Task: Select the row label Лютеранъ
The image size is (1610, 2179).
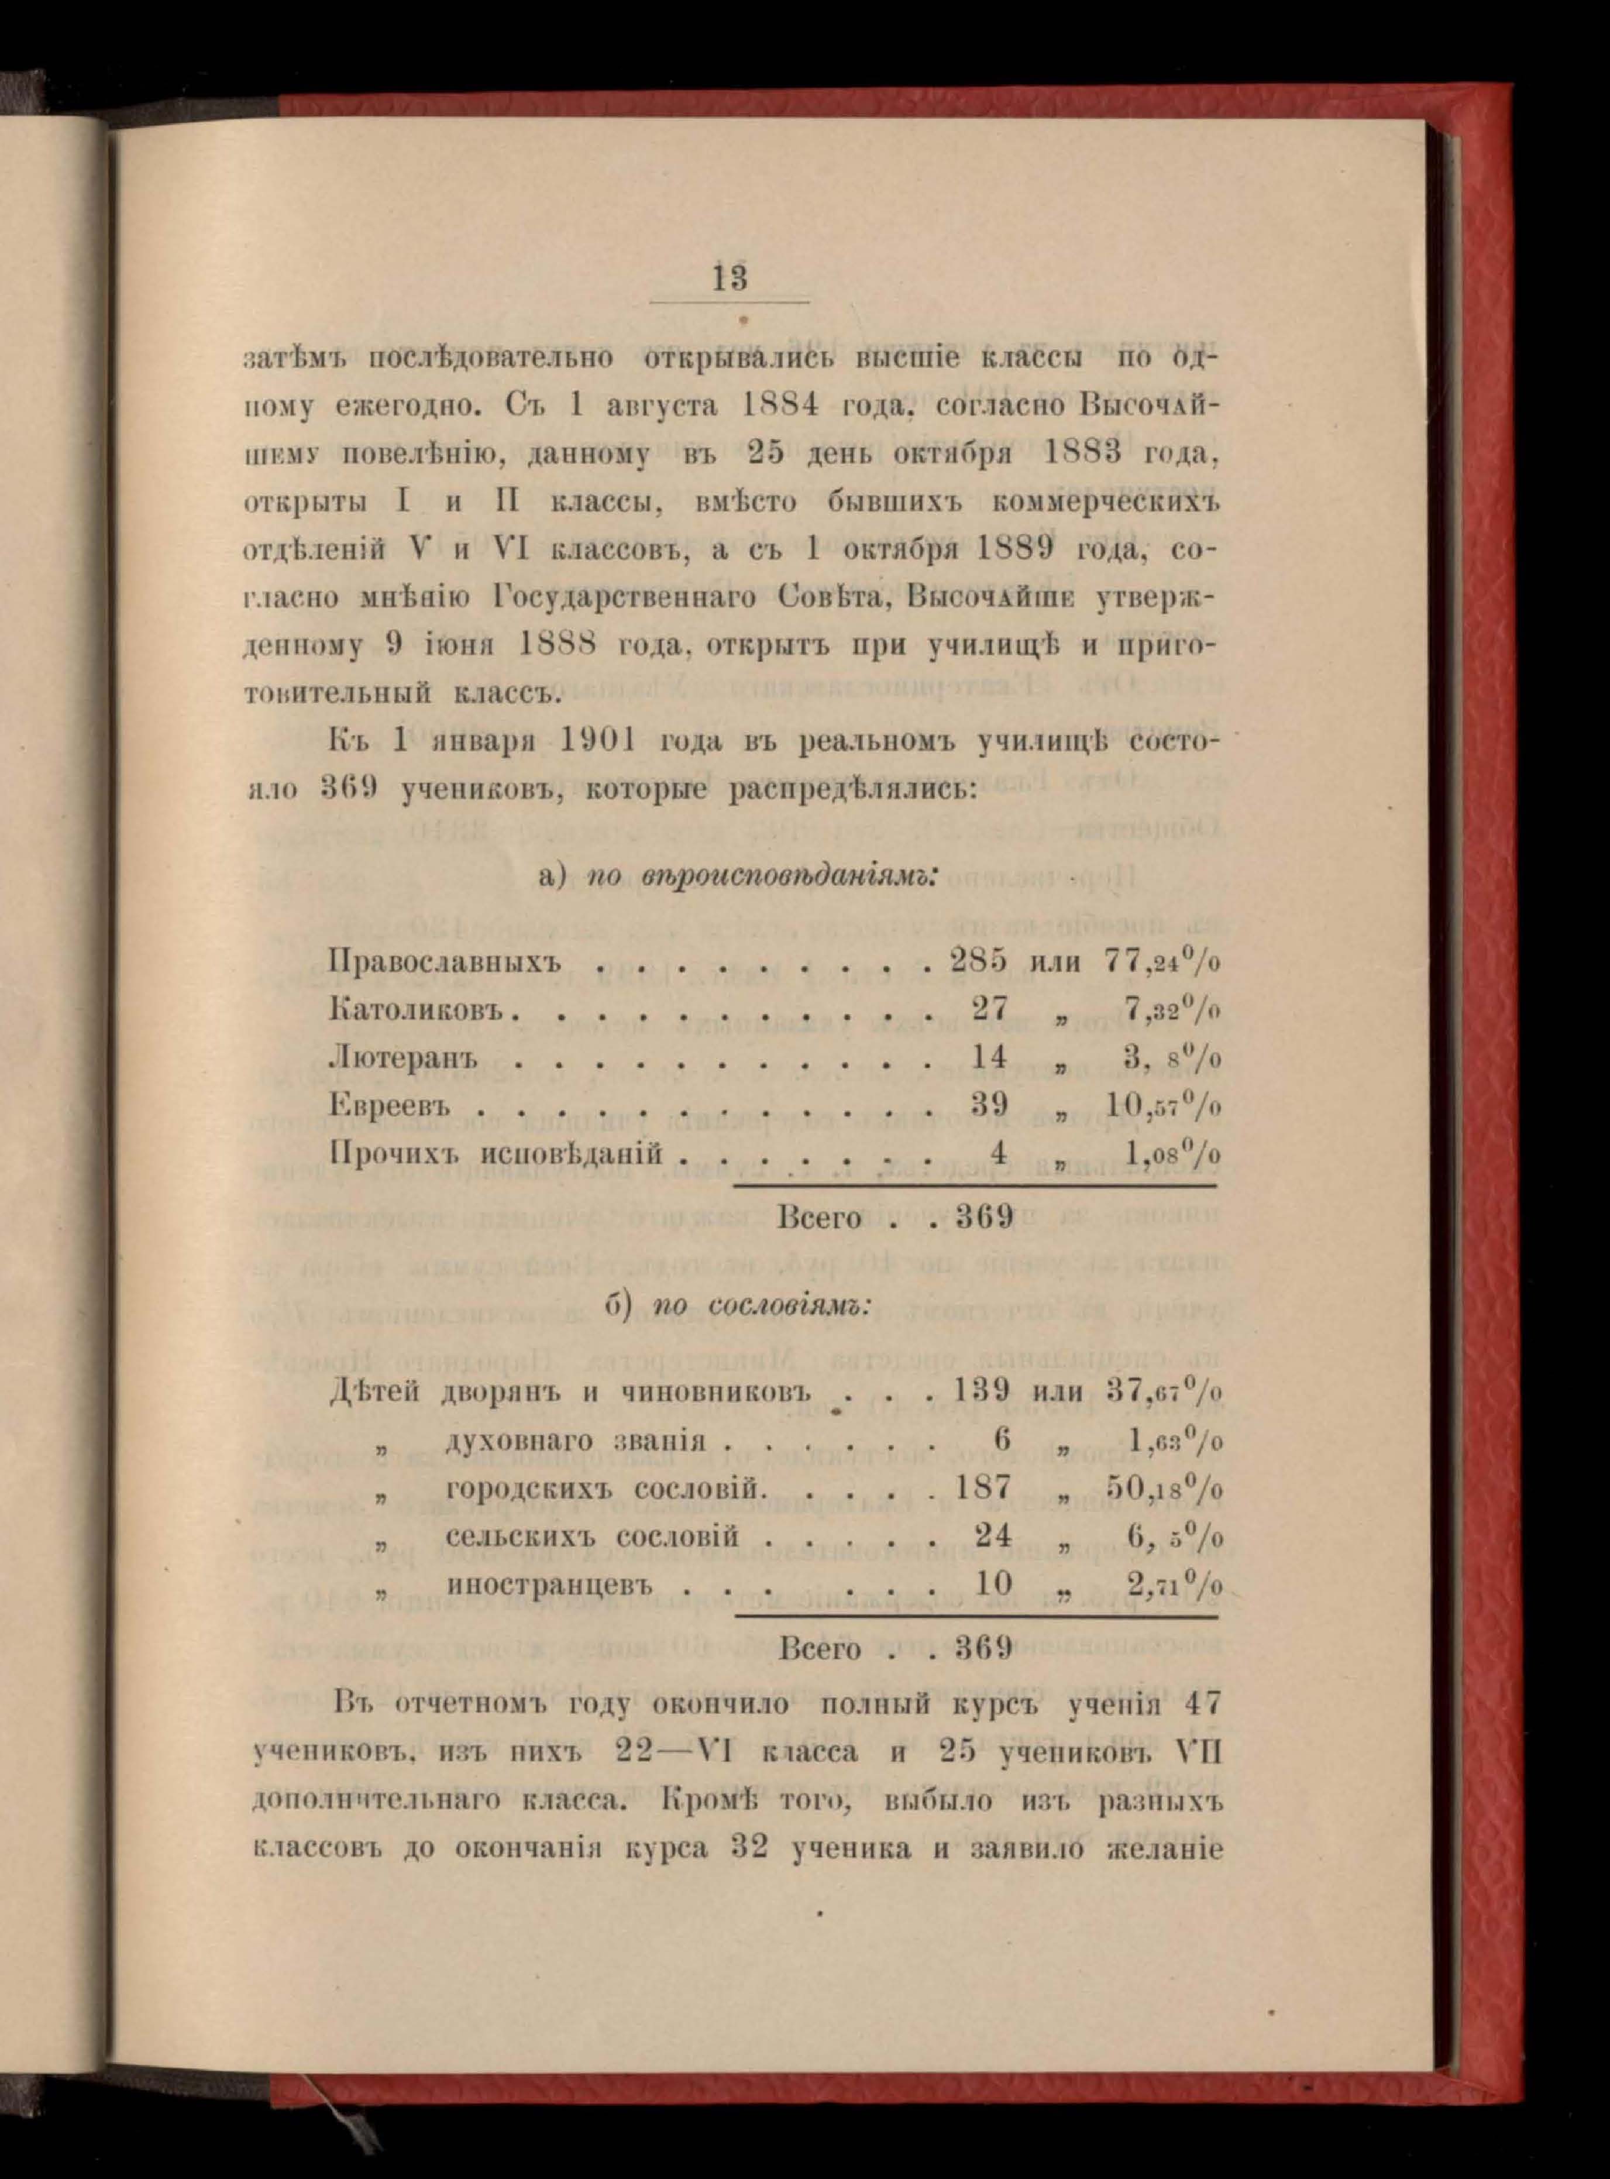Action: (405, 1056)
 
